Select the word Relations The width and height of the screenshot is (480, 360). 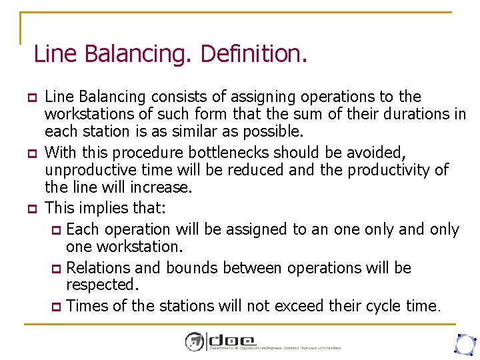(101, 268)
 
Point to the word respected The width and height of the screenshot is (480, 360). (101, 286)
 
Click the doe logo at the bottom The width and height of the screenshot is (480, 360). (220, 341)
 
